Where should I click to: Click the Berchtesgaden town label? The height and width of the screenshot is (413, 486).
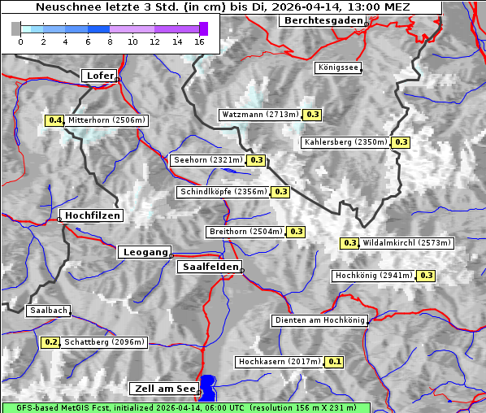[x=322, y=20]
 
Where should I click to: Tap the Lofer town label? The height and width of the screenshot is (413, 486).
[x=100, y=76]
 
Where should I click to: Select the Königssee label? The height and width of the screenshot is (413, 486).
[x=337, y=68]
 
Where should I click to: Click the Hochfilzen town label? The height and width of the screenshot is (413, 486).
[x=92, y=215]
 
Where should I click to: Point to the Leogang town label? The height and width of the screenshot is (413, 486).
[x=145, y=252]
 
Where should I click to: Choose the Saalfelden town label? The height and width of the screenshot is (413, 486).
[x=209, y=267]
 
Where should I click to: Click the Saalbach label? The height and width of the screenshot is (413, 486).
[x=48, y=311]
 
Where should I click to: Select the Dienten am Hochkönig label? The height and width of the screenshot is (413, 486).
[x=319, y=320]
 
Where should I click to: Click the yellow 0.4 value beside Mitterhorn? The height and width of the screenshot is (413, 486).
[x=54, y=120]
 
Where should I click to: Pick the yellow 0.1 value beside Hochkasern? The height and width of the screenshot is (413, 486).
[x=335, y=361]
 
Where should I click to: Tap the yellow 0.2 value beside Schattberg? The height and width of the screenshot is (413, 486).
[x=50, y=342]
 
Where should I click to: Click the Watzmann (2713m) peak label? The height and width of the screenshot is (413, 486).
[x=260, y=115]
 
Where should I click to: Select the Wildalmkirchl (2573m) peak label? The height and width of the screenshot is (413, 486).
[x=406, y=243]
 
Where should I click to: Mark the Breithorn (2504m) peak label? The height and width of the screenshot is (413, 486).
[x=245, y=232]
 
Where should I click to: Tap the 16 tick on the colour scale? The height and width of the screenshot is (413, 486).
[x=200, y=41]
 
